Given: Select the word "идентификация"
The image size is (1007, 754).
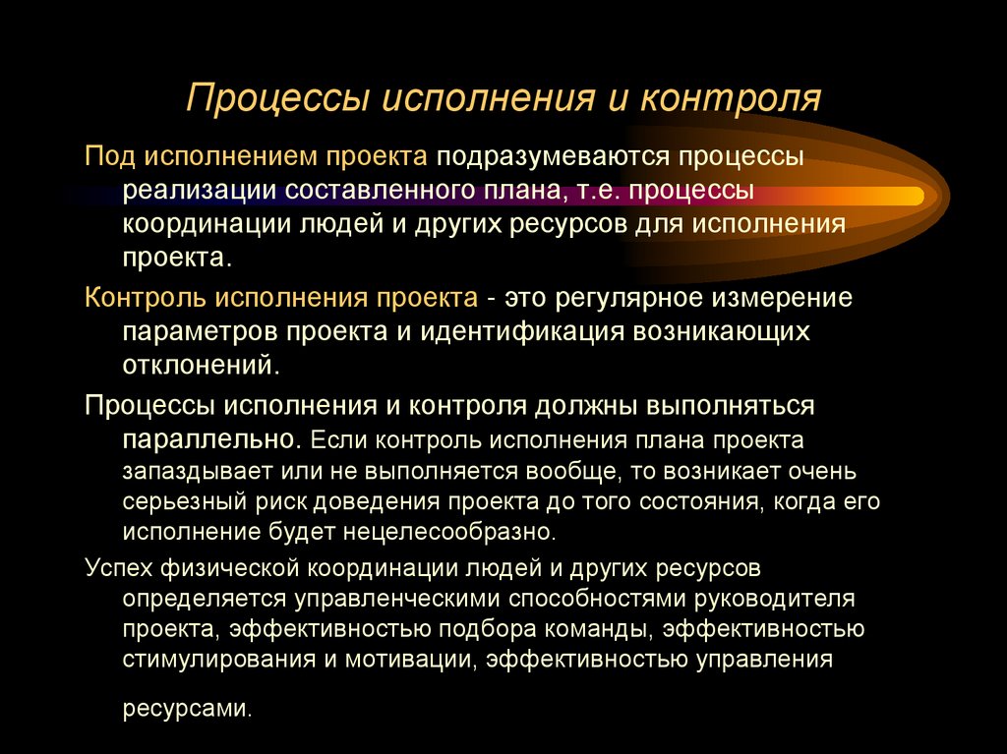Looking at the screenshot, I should pos(537,330).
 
